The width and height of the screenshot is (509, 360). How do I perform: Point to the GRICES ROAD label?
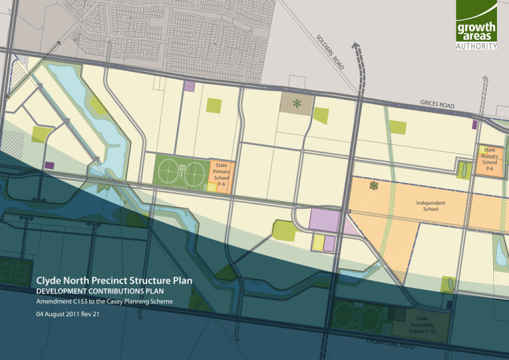point(437,105)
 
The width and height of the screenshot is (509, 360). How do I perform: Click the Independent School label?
point(430,206)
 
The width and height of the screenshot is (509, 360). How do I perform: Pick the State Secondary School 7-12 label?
point(422,325)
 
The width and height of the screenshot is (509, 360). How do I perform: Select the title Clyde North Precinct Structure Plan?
point(115,280)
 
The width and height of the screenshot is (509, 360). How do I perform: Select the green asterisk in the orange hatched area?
point(374,185)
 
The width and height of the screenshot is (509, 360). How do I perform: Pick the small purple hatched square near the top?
point(190,86)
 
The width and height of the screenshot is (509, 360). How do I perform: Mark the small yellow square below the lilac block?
point(318,242)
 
